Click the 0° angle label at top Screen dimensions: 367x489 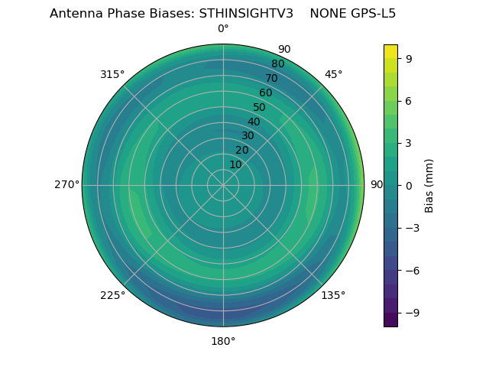(223, 29)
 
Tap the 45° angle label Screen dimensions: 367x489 (333, 74)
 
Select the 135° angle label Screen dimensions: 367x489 (333, 295)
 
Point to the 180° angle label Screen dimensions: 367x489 (223, 341)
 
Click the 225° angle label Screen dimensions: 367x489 (112, 295)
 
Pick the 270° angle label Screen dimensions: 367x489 (66, 184)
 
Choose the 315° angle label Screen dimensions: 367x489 (112, 74)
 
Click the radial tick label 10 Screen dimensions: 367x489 (235, 164)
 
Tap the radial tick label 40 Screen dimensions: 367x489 (254, 122)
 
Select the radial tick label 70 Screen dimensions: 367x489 (271, 78)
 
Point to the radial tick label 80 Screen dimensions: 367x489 (277, 63)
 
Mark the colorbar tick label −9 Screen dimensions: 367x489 (410, 313)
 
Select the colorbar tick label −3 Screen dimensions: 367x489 (410, 228)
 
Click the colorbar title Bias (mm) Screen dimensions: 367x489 (429, 185)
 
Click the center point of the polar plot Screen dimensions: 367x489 (223, 185)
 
